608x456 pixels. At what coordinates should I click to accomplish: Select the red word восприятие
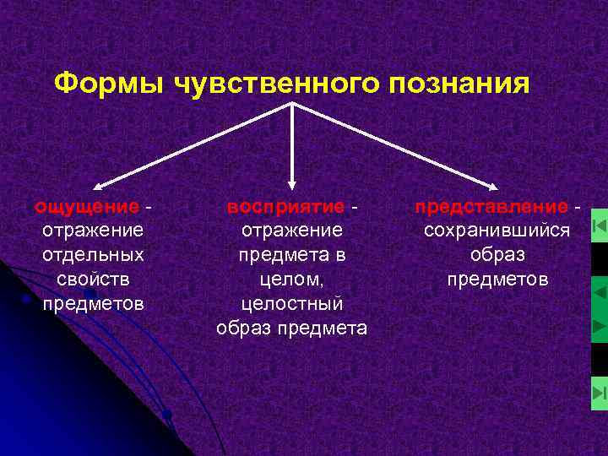[285, 207]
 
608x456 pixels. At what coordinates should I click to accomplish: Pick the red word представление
[491, 207]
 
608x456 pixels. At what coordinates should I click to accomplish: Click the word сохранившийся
[497, 231]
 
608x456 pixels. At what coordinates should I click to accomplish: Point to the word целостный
[291, 303]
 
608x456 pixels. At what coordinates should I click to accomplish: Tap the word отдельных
[92, 254]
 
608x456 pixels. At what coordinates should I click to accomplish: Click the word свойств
[92, 279]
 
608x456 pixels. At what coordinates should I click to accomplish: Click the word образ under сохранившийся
[497, 254]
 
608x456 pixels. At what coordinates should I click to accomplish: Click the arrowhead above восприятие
[291, 181]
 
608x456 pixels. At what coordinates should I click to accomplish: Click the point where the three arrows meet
[292, 103]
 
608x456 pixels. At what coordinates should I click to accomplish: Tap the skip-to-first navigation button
[599, 226]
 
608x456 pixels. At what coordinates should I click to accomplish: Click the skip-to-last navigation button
[599, 393]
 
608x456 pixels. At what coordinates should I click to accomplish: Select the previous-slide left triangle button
[599, 292]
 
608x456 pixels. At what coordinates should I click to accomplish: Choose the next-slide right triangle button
[599, 325]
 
